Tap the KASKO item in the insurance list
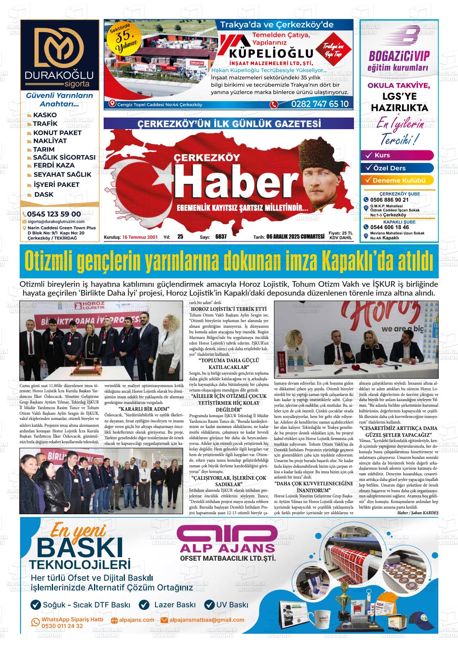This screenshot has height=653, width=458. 45,115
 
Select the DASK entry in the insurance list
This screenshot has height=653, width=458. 43,195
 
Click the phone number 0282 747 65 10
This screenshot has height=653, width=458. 314,104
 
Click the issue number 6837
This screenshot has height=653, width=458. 221,237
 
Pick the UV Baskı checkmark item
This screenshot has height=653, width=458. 227,605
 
